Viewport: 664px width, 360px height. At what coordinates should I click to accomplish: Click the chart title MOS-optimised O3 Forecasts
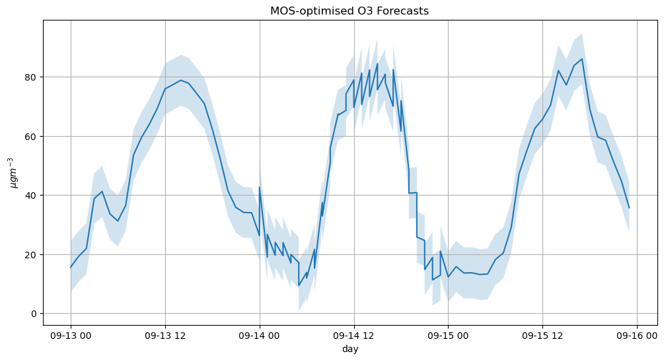click(350, 11)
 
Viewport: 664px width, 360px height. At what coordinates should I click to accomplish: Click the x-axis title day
click(350, 349)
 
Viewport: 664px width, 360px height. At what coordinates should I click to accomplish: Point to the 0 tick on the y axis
click(34, 314)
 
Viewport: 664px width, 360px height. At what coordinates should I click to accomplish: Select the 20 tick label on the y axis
click(32, 254)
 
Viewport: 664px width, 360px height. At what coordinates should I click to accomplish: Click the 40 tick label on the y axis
click(32, 196)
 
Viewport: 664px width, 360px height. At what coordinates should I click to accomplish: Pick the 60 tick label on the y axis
click(32, 136)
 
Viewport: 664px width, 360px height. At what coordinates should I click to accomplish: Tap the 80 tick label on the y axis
click(32, 77)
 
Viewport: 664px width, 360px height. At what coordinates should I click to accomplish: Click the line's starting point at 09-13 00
click(71, 268)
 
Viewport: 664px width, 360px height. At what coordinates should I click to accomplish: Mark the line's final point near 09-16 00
click(629, 208)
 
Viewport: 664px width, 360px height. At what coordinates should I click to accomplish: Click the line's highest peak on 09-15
click(582, 59)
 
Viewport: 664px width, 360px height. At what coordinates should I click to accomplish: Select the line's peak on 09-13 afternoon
click(181, 80)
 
